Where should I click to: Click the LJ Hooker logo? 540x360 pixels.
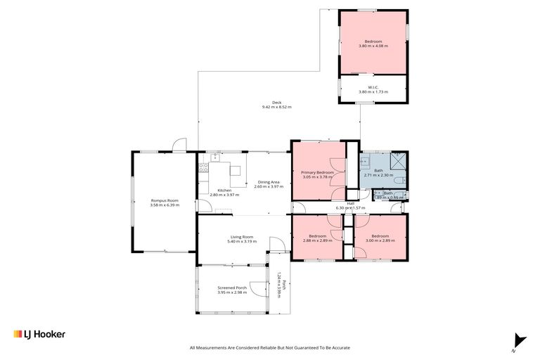point(39,334)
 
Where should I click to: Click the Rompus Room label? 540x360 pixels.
point(165,200)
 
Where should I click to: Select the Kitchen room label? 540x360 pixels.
point(224,190)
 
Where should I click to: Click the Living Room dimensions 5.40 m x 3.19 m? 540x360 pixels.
point(240,241)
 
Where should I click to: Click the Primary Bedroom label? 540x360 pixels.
point(317,172)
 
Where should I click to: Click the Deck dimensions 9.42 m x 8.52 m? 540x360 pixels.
point(276,107)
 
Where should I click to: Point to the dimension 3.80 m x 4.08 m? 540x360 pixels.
point(373,46)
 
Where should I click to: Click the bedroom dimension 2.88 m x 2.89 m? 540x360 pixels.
point(317,240)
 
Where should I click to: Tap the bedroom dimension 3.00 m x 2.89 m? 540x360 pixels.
point(380,240)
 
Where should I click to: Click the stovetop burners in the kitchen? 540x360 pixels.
point(203,168)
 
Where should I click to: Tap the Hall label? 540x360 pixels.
point(349,203)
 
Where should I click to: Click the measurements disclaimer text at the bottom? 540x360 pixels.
point(269,347)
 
